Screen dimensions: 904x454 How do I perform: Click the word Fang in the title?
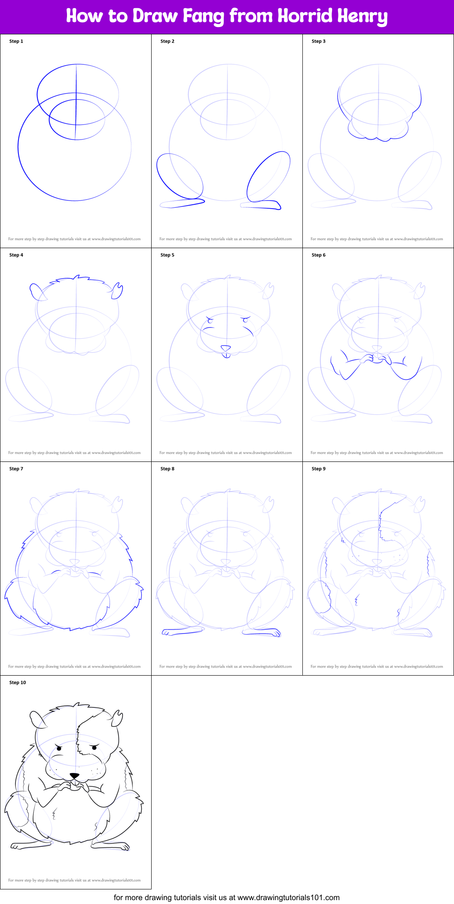tap(204, 16)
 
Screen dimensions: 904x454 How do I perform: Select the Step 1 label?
tap(16, 41)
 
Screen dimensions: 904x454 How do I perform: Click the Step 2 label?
tap(168, 41)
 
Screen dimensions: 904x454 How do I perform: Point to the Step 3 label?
tap(319, 41)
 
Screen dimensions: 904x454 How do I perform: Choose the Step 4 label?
tap(16, 255)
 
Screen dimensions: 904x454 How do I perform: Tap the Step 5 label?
tap(168, 255)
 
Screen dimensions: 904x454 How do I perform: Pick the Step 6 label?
tap(319, 255)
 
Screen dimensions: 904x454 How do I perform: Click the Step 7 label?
tap(16, 469)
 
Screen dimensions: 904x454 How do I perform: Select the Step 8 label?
tap(168, 469)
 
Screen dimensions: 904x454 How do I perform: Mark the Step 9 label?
tap(319, 469)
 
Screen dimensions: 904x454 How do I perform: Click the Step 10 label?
tap(18, 683)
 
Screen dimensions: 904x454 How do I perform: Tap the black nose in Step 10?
tap(75, 776)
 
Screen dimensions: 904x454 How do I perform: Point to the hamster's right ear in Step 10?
tap(117, 719)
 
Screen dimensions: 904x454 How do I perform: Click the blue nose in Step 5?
tap(225, 348)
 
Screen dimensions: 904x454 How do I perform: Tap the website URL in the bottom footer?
tap(288, 897)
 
